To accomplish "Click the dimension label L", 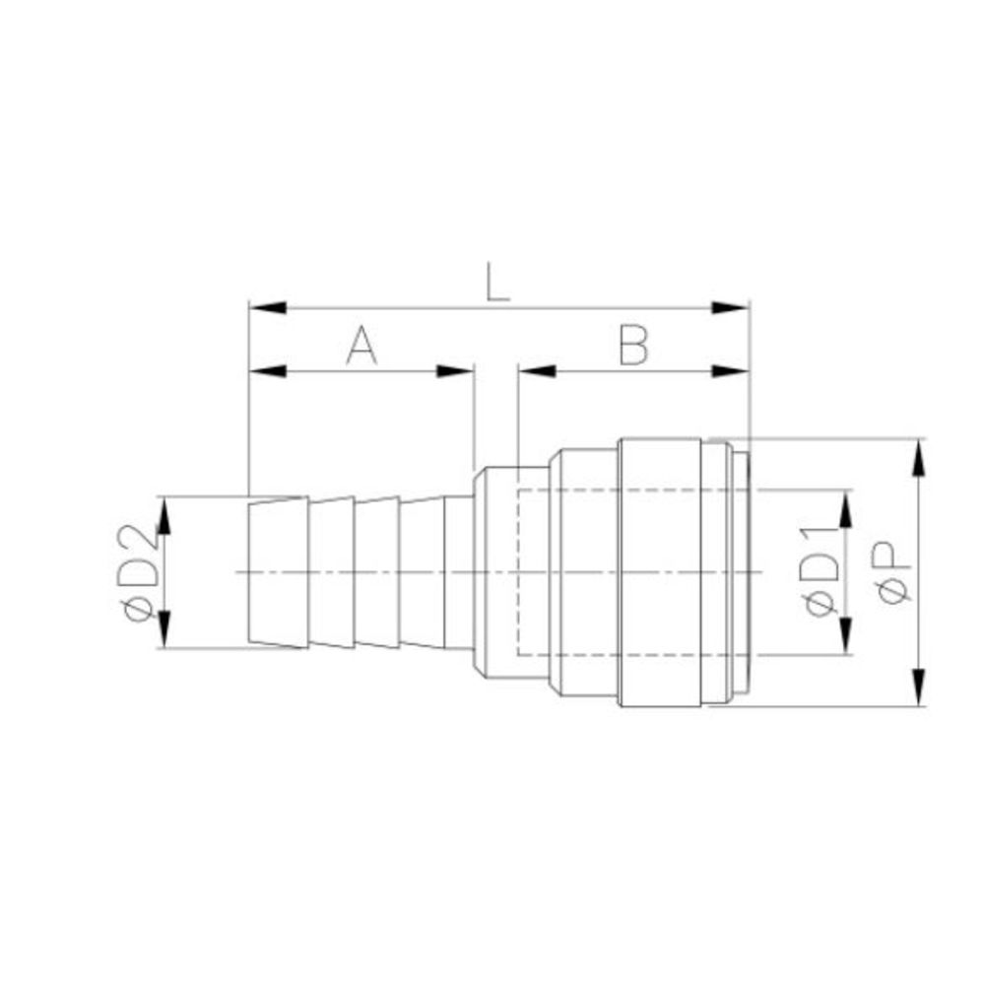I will (x=498, y=284).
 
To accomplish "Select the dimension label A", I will (x=361, y=348).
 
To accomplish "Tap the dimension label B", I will (x=633, y=348).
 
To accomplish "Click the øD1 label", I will (x=822, y=571).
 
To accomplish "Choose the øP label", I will (x=894, y=572).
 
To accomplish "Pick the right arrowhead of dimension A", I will (x=456, y=371).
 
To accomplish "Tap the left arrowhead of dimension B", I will (x=536, y=371).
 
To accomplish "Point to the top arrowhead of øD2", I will (x=164, y=515).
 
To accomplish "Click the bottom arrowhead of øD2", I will (x=164, y=629).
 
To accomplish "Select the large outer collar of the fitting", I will (x=660, y=572).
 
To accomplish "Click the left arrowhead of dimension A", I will (x=267, y=371).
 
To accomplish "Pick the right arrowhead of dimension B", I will (x=731, y=371).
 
